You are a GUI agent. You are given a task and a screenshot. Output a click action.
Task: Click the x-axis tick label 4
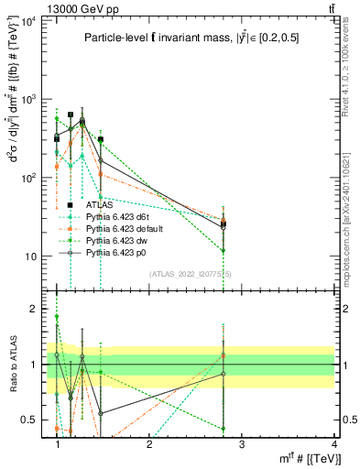[x=333, y=444]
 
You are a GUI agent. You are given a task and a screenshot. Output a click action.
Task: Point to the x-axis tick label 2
[x=149, y=444]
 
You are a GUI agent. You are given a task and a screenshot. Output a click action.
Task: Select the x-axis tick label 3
[x=241, y=444]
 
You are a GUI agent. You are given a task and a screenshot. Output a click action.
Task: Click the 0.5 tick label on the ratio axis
[x=29, y=420]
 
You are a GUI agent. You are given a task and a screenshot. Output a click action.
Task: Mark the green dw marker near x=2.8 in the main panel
[x=224, y=250]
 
